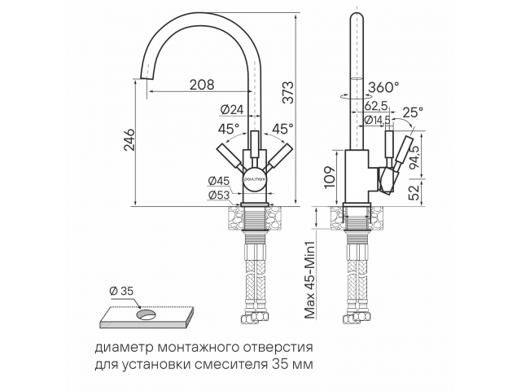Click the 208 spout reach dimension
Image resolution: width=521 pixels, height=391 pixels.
point(202,85)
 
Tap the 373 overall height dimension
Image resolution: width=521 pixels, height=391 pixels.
point(288,92)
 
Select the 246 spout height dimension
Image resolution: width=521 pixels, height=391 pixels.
point(129,139)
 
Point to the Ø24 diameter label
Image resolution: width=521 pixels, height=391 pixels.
point(232,109)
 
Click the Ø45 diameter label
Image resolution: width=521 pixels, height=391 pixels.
point(219,182)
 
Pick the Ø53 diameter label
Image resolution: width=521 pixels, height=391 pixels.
point(219,195)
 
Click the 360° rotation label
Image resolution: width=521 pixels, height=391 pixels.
point(383,87)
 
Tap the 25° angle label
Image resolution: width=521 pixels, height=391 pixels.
point(413,112)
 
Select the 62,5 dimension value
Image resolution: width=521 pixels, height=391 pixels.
point(376,106)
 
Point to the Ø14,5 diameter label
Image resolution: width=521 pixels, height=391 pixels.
point(377,120)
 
